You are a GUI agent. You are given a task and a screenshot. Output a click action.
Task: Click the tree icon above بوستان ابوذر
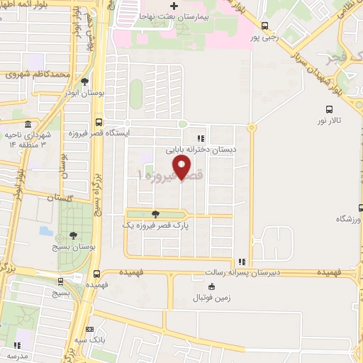point(85,82)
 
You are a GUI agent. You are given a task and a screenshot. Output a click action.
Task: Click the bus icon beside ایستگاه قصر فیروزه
point(99,121)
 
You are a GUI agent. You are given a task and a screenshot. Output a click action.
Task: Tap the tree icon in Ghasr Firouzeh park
point(155,213)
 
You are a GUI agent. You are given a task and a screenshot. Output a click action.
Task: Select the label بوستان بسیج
point(71,247)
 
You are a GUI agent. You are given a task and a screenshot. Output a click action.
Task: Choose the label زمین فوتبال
point(211,297)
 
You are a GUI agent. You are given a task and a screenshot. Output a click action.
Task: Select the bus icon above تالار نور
point(328,110)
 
